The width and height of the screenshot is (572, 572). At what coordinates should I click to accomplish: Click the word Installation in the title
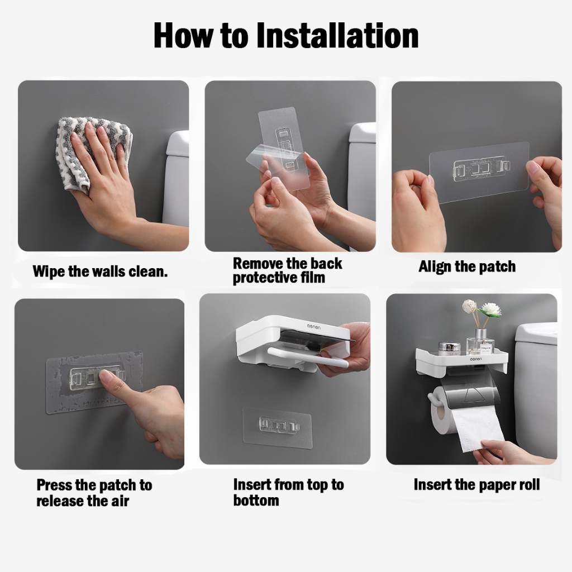pyautogui.click(x=337, y=35)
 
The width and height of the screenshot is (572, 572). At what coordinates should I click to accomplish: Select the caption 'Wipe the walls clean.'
pyautogui.click(x=100, y=272)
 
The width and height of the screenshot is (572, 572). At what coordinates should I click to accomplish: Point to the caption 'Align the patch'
pyautogui.click(x=467, y=267)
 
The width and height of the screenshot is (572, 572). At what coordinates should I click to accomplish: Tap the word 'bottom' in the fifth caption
pyautogui.click(x=256, y=500)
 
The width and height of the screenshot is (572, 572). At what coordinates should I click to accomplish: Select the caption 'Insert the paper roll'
pyautogui.click(x=476, y=485)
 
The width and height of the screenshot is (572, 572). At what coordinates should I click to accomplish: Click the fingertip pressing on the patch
pyautogui.click(x=106, y=376)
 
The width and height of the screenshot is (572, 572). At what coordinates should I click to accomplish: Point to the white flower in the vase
pyautogui.click(x=489, y=310)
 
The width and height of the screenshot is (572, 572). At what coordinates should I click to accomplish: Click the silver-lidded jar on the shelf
pyautogui.click(x=449, y=349)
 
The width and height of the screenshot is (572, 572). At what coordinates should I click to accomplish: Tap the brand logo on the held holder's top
pyautogui.click(x=313, y=327)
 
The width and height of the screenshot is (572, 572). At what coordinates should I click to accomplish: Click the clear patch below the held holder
pyautogui.click(x=277, y=427)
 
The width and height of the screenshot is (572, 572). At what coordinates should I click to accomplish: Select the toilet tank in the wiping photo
pyautogui.click(x=177, y=179)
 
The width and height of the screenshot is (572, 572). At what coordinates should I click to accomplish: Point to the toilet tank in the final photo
pyautogui.click(x=536, y=387)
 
